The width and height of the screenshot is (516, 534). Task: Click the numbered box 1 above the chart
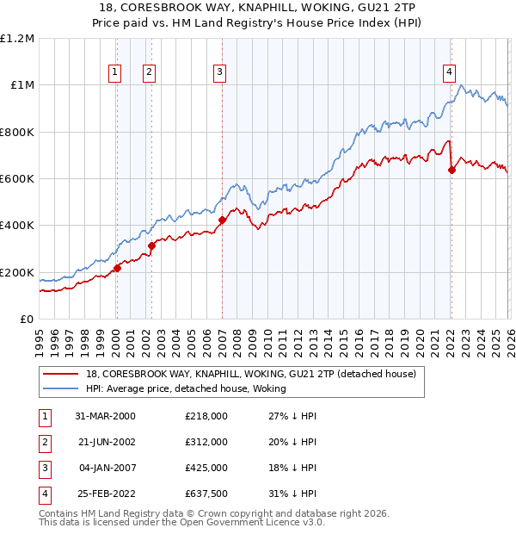(115, 73)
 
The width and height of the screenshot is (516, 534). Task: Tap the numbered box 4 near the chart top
(449, 73)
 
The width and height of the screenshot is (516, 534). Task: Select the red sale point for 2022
(451, 170)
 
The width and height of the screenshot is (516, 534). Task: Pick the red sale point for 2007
(222, 220)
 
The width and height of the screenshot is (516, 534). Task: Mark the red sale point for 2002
(151, 245)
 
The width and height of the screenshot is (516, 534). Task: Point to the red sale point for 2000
(118, 268)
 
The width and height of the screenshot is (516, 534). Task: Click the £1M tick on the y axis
(21, 85)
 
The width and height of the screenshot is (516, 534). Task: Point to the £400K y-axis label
(17, 226)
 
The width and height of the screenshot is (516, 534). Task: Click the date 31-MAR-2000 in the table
(105, 416)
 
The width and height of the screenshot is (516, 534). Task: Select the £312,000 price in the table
(206, 442)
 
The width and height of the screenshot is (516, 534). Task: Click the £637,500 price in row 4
(206, 494)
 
